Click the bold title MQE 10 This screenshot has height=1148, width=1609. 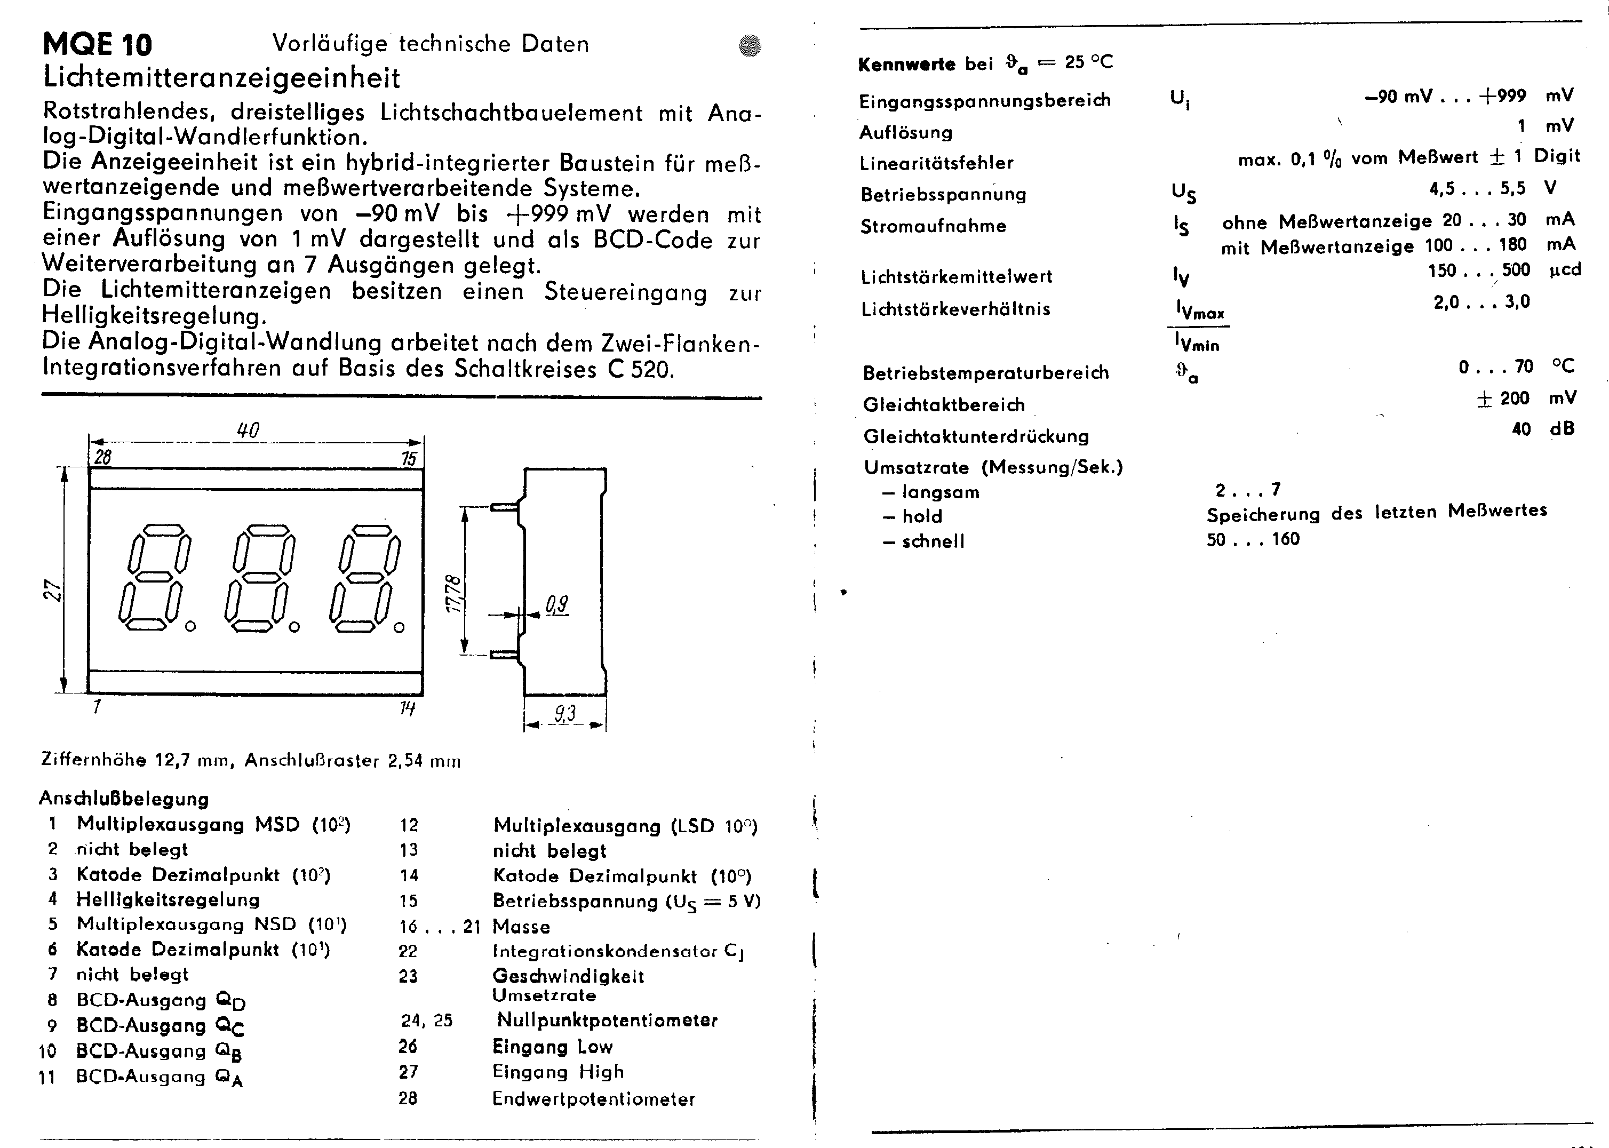[x=97, y=44]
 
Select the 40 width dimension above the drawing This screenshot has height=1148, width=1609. [x=248, y=430]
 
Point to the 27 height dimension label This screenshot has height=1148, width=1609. [x=53, y=589]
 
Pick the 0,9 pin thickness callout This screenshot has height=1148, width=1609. [x=557, y=604]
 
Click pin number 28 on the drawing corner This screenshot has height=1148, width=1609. [x=102, y=457]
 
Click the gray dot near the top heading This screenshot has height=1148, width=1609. [x=750, y=46]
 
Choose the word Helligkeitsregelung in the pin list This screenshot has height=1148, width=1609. [x=168, y=899]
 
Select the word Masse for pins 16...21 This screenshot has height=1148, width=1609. [x=521, y=926]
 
